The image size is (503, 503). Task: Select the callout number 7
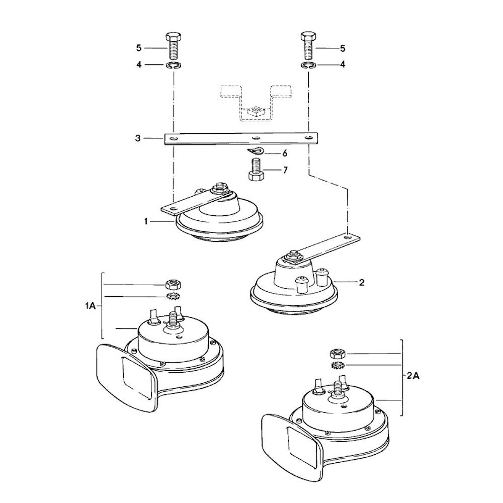285,171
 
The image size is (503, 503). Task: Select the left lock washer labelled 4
173,65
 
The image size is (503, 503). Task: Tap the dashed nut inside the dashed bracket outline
256,112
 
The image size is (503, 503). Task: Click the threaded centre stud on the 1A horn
174,319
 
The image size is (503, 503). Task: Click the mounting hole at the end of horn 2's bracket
348,235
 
